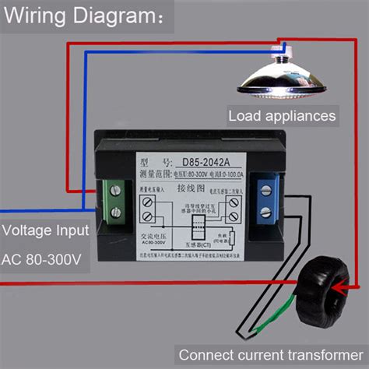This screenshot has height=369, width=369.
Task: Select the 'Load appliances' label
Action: click(x=282, y=116)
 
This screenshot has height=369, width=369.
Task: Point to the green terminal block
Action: click(x=114, y=199)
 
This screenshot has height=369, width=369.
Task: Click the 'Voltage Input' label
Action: click(x=45, y=230)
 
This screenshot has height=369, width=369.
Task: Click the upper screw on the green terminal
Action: click(x=114, y=188)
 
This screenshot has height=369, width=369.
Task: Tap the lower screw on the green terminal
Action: click(x=114, y=210)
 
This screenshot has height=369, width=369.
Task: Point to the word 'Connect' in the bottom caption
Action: click(x=205, y=352)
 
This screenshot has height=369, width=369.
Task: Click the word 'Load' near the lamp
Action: click(x=244, y=116)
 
